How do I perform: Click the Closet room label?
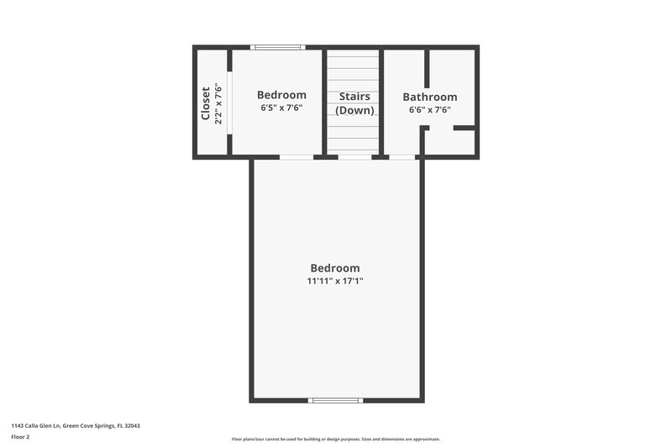point(205,103)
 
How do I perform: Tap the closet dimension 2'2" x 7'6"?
point(218,103)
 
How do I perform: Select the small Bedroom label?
point(281,95)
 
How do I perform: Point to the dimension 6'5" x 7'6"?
point(281,108)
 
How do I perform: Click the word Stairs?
point(354,97)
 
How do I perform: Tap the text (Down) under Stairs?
point(354,110)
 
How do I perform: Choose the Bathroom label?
point(429,97)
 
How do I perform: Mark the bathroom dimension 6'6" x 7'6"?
point(429,109)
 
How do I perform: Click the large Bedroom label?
point(335,268)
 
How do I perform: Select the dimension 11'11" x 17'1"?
point(335,281)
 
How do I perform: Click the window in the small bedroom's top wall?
point(278,47)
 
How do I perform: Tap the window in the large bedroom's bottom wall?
point(336,400)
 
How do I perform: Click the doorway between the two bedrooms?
point(297,156)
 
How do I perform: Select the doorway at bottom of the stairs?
point(354,156)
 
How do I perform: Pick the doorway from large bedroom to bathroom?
point(402,156)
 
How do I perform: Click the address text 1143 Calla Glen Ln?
point(76,425)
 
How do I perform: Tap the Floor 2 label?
point(20,437)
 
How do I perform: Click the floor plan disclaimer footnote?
point(335,439)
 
